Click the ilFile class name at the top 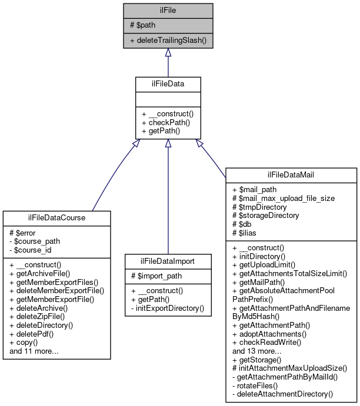point(168,10)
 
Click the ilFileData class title point(168,84)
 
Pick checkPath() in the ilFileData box point(162,122)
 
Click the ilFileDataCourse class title point(57,218)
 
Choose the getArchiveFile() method point(44,273)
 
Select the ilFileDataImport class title point(160,261)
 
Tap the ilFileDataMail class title point(291,175)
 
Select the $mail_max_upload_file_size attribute point(284,199)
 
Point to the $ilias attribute point(248,232)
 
